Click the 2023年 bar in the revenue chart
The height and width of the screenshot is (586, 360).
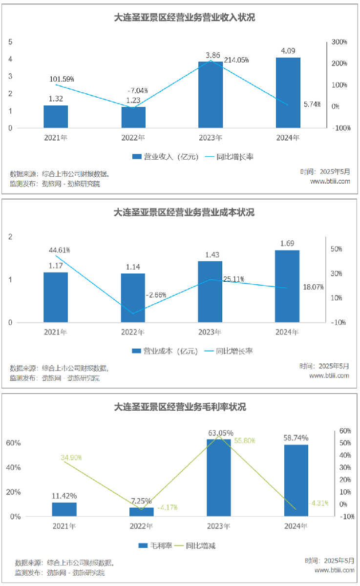pyautogui.click(x=210, y=95)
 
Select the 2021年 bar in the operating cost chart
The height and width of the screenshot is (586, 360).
pyautogui.click(x=56, y=297)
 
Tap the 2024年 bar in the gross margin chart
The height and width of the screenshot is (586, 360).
pyautogui.click(x=296, y=481)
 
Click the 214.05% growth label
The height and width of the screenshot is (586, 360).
pyautogui.click(x=236, y=60)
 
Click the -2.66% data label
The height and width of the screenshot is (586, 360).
pyautogui.click(x=156, y=295)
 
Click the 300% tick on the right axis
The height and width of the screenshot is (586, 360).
pyautogui.click(x=339, y=42)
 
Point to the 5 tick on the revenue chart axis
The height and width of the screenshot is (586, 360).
pyautogui.click(x=10, y=42)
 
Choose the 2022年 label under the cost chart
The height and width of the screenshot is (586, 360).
pyautogui.click(x=133, y=333)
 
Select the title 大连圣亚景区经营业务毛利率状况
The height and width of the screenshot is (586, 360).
pyautogui.click(x=180, y=407)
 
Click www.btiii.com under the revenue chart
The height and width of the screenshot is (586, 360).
pyautogui.click(x=330, y=181)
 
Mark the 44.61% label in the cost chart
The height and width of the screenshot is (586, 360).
pyautogui.click(x=59, y=250)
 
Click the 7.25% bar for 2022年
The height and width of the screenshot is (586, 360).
pyautogui.click(x=142, y=512)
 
